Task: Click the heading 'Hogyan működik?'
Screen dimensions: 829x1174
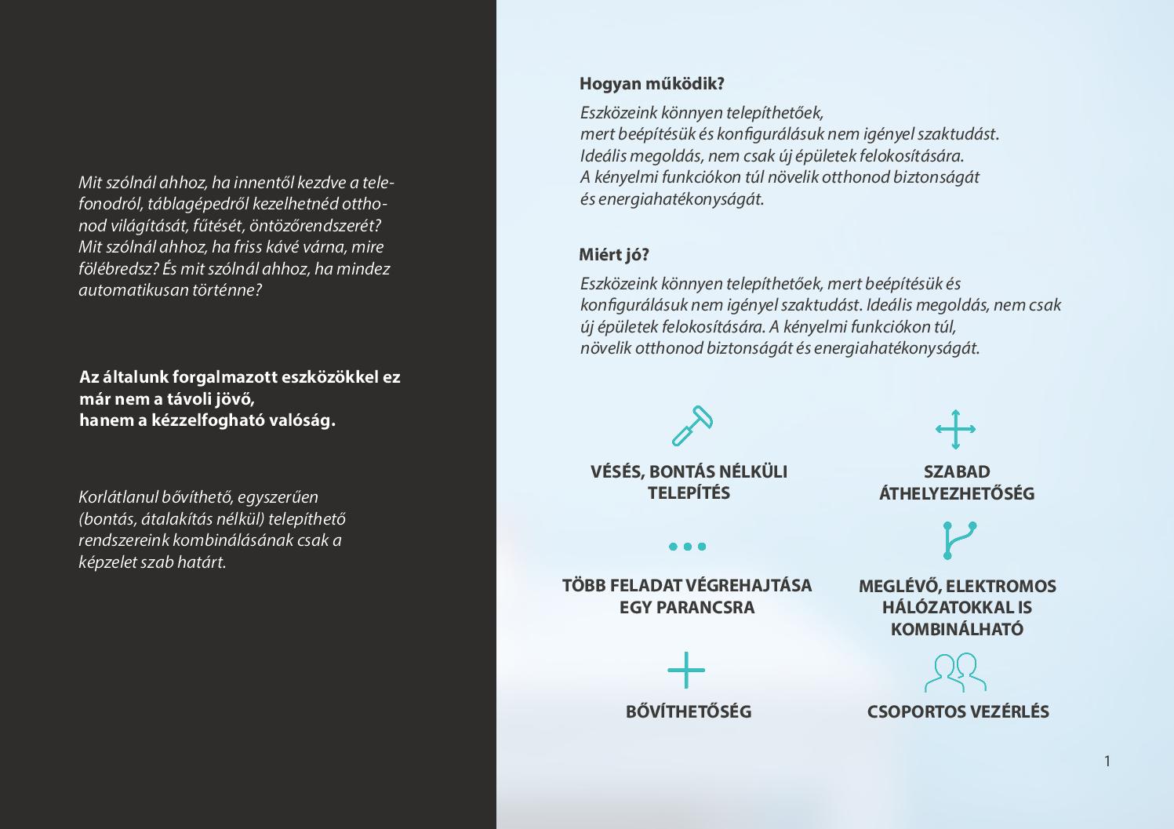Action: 652,83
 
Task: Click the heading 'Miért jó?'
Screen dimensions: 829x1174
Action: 614,255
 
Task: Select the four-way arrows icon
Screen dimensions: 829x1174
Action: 955,429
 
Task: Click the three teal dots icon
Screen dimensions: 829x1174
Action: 687,547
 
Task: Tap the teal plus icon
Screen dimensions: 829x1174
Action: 686,671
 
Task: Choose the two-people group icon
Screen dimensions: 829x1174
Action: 955,672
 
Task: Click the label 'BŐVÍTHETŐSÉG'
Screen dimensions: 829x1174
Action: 689,712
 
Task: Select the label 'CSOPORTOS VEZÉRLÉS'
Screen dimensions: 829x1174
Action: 958,712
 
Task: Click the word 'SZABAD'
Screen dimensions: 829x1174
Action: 957,472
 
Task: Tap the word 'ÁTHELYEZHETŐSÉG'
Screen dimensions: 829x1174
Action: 957,494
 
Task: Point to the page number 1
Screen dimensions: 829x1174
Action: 1107,761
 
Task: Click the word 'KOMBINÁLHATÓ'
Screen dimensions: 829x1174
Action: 957,630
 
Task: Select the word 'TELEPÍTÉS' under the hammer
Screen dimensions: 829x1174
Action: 689,493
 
